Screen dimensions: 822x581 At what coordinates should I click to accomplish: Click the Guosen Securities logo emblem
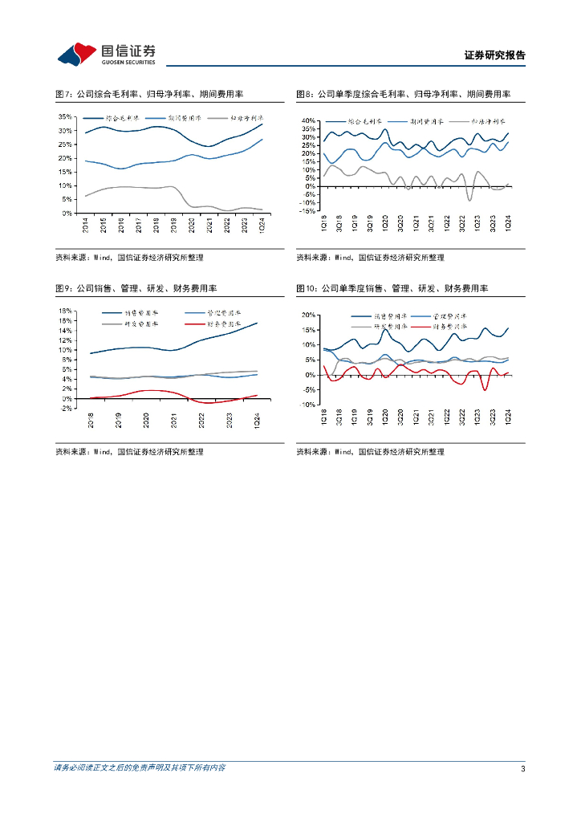pos(77,54)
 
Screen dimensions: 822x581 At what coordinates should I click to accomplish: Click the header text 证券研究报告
pos(494,55)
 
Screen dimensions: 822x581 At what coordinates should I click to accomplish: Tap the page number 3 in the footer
pos(522,768)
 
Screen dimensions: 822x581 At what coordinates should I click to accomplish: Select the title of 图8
pos(404,94)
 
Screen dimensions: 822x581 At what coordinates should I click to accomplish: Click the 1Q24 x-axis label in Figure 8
pos(508,226)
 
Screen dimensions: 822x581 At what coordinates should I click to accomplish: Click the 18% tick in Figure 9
pos(66,310)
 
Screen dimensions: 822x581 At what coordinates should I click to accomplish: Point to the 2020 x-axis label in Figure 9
pos(147,418)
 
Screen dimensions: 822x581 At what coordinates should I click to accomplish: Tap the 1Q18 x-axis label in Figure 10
pos(324,419)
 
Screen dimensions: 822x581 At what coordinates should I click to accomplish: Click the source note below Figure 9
pos(129,452)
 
